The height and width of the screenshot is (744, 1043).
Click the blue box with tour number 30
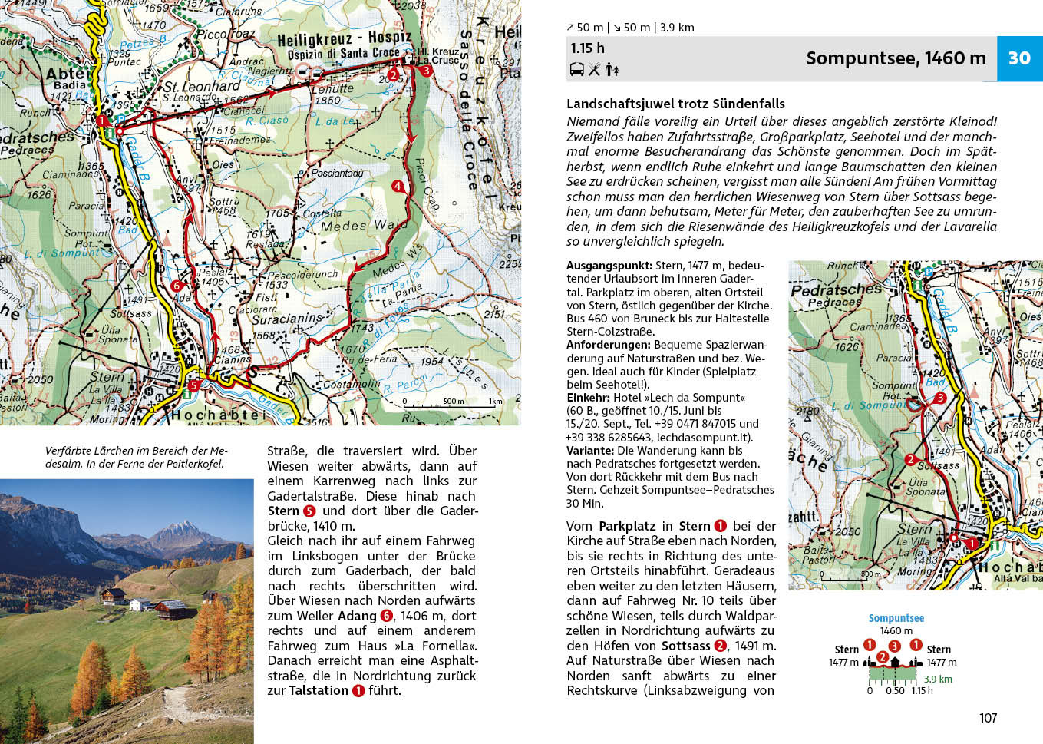(x=1019, y=58)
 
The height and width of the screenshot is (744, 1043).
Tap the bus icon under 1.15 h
(x=577, y=70)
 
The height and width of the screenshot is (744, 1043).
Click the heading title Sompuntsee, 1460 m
(x=896, y=58)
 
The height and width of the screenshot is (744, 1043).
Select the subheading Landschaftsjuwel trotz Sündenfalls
(x=675, y=104)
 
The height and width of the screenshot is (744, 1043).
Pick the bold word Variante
(x=589, y=451)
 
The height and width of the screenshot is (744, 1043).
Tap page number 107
(x=988, y=718)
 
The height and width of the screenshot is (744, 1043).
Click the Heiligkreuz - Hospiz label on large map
(x=345, y=39)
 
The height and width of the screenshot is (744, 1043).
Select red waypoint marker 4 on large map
(x=398, y=186)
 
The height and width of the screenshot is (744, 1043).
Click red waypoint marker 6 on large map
(x=177, y=286)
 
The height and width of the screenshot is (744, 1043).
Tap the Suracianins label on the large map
(x=287, y=319)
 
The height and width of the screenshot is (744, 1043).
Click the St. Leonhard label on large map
(x=202, y=87)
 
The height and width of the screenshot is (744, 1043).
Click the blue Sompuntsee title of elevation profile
(x=896, y=618)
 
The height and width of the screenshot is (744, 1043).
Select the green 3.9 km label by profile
(x=937, y=679)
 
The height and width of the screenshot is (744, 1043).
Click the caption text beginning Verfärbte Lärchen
(x=137, y=457)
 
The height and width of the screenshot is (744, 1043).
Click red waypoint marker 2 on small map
(x=910, y=459)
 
